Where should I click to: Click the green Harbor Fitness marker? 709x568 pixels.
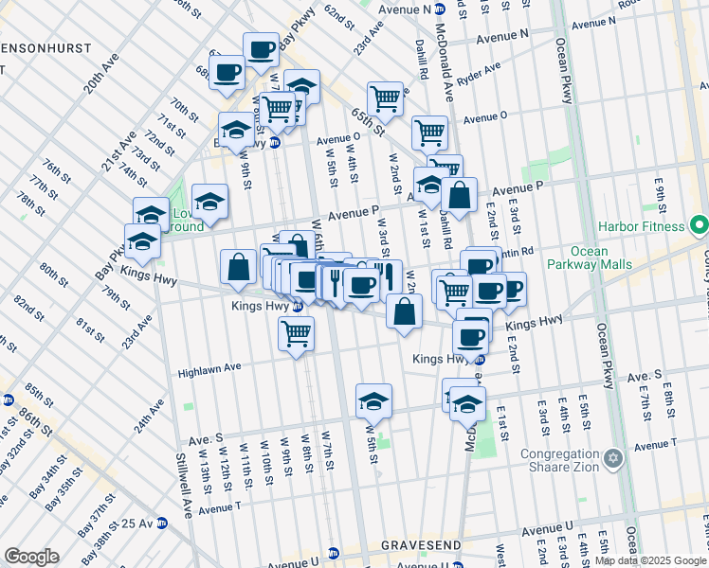[x=699, y=226]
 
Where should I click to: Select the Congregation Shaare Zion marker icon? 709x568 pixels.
[x=613, y=459]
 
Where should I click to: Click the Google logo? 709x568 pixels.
[x=31, y=557]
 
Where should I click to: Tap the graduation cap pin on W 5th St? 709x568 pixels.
[x=374, y=401]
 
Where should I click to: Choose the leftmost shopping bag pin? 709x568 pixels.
[x=237, y=268]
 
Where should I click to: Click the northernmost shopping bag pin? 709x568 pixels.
[x=459, y=196]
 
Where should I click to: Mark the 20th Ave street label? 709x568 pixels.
[x=101, y=71]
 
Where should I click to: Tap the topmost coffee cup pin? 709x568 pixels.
[x=261, y=49]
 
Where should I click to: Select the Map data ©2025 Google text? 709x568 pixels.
[x=650, y=560]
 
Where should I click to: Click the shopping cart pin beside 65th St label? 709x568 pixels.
[x=385, y=98]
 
